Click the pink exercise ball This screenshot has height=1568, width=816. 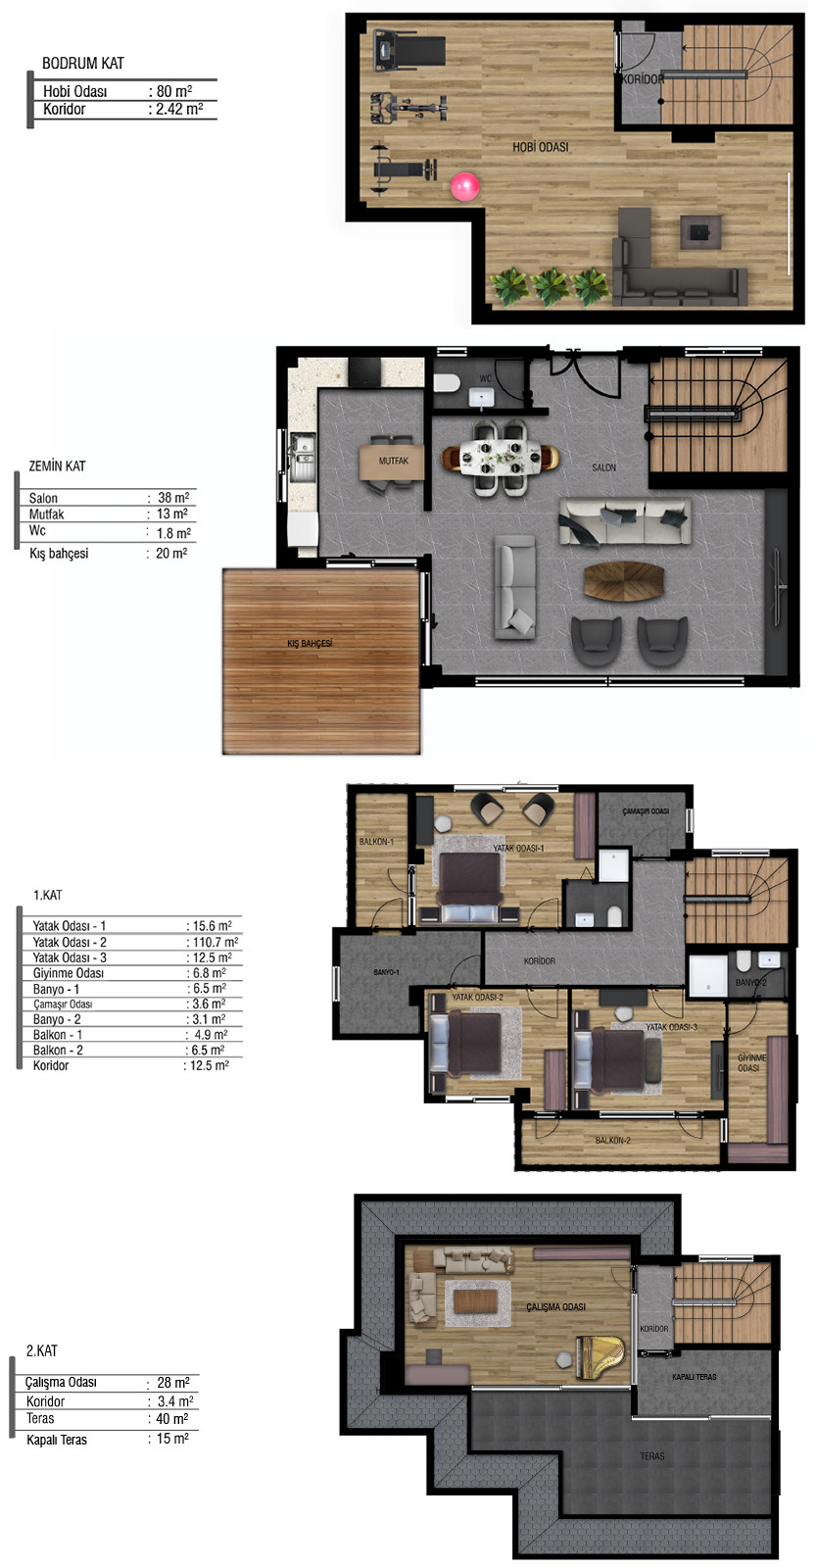[x=464, y=187]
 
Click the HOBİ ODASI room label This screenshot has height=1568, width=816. [x=541, y=147]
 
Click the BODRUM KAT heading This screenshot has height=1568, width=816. [x=82, y=63]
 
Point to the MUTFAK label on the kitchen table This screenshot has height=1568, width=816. [x=393, y=461]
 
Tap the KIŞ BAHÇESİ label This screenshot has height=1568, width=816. [x=310, y=643]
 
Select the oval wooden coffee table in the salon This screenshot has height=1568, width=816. [x=624, y=581]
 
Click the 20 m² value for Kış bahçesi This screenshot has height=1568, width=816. [x=171, y=553]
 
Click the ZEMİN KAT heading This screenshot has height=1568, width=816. [x=57, y=465]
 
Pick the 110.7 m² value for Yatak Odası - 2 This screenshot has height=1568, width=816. [x=216, y=942]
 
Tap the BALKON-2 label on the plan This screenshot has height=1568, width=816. [x=613, y=1141]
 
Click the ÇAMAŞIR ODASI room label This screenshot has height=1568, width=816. [x=646, y=811]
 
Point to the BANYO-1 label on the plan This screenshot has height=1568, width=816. [x=386, y=971]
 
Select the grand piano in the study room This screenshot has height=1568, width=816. [x=600, y=1356]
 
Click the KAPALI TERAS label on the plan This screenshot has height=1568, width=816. [x=695, y=1377]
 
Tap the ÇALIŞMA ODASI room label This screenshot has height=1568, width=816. [x=555, y=1307]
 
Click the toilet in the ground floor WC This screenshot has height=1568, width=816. [x=446, y=383]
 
